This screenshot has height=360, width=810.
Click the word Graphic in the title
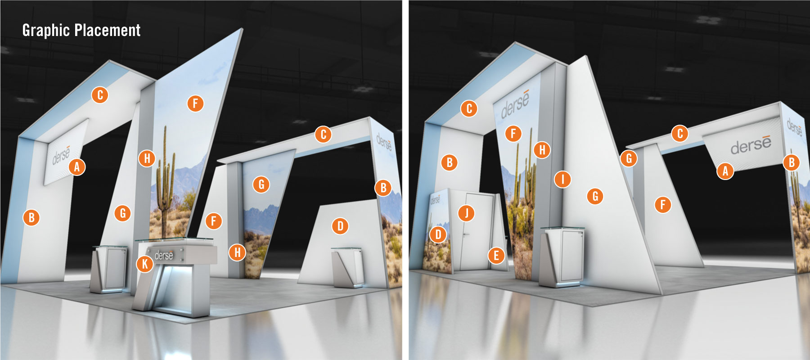click(46, 31)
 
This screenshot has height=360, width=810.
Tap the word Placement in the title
click(108, 30)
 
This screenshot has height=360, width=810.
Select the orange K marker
click(145, 264)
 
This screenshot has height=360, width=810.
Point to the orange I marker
click(562, 179)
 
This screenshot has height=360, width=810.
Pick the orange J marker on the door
click(466, 212)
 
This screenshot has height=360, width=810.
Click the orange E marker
click(496, 256)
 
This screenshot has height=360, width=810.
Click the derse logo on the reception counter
click(164, 256)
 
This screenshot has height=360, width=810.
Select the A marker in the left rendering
click(77, 167)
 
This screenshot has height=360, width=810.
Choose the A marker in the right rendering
click(725, 171)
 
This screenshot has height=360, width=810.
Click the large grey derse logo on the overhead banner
click(751, 144)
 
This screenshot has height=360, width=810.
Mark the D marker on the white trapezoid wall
click(340, 226)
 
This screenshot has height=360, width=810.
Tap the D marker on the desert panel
click(438, 234)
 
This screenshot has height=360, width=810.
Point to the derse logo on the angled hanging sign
click(61, 154)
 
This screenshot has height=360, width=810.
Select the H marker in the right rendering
click(542, 149)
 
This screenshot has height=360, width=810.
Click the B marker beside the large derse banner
click(792, 162)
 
